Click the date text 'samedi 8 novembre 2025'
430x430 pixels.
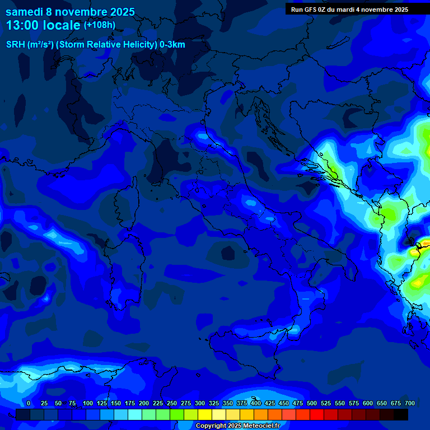coord(70,12)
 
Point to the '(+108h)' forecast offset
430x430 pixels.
coord(100,25)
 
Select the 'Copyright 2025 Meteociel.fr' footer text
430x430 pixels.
coord(237,426)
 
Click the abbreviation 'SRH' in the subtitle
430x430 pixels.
coord(15,45)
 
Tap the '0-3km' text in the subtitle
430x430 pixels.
coord(172,45)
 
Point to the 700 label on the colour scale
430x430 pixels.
coord(409,403)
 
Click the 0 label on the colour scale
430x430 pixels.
coord(29,403)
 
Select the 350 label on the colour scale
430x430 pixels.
coord(227,403)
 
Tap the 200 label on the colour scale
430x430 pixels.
coord(143,403)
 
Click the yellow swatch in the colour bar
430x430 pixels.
coord(205,414)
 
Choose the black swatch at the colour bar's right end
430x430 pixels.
coord(401,414)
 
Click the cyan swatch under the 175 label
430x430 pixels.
coord(135,414)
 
